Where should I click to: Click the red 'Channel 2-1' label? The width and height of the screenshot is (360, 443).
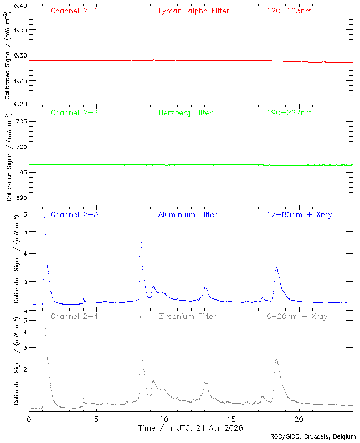pyautogui.click(x=74, y=11)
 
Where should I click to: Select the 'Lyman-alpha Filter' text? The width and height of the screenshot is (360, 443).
pyautogui.click(x=193, y=11)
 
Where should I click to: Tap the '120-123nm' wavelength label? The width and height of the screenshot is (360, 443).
pyautogui.click(x=289, y=11)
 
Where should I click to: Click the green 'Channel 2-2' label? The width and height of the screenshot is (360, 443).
pyautogui.click(x=74, y=112)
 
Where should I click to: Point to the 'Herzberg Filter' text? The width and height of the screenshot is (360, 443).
pyautogui.click(x=185, y=112)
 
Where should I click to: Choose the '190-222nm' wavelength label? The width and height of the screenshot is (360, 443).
pyautogui.click(x=289, y=112)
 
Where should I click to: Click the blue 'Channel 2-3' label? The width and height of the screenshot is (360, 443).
pyautogui.click(x=74, y=214)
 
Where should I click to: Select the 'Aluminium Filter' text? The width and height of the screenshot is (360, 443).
pyautogui.click(x=187, y=214)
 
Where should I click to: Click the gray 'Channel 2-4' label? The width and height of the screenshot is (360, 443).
pyautogui.click(x=74, y=317)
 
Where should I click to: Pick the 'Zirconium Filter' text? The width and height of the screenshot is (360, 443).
pyautogui.click(x=187, y=317)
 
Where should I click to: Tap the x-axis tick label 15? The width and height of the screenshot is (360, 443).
pyautogui.click(x=231, y=419)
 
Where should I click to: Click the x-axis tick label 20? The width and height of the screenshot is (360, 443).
pyautogui.click(x=299, y=419)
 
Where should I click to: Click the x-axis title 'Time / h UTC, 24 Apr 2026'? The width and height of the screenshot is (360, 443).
pyautogui.click(x=190, y=428)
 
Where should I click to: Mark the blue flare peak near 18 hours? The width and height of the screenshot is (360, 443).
pyautogui.click(x=276, y=268)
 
